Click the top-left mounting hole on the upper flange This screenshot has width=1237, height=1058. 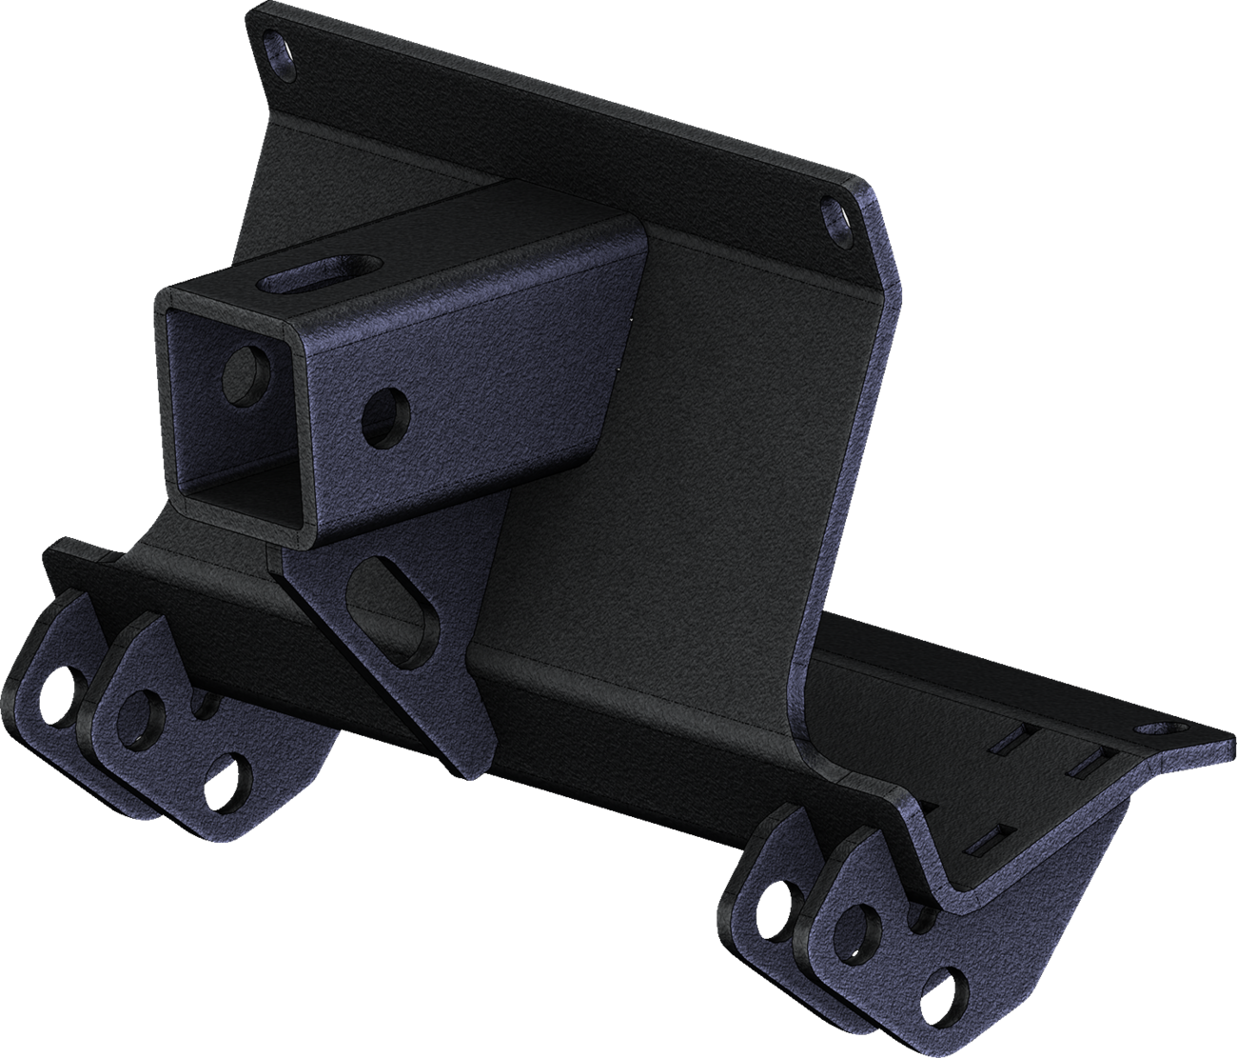coord(278,45)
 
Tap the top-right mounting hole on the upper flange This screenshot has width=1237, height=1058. coord(834,213)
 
